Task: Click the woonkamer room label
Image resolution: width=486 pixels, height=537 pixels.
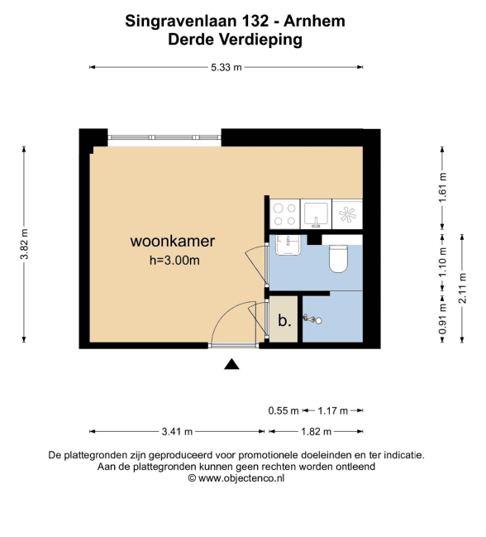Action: pos(173,241)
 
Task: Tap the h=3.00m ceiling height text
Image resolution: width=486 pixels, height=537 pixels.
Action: pos(174,261)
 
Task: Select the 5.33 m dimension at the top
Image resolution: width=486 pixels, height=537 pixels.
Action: pos(226,68)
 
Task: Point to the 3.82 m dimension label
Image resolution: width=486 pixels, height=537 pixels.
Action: pos(25,244)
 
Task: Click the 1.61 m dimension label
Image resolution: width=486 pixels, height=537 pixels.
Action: pos(443,188)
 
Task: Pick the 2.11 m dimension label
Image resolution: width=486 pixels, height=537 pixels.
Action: pos(462,288)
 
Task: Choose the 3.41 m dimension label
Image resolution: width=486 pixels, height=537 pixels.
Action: pos(177,432)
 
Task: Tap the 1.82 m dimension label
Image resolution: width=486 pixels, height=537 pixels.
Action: pos(316,432)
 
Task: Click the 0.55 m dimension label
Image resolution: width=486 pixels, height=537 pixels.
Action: pos(283,410)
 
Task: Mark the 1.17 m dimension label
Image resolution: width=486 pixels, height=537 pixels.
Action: pos(333,410)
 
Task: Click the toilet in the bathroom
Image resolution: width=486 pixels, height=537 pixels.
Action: pos(338,258)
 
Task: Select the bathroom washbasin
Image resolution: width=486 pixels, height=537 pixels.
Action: pos(288,245)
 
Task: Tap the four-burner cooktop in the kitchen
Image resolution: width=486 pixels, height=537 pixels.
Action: pos(285,214)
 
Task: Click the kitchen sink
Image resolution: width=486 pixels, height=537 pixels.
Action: pos(316,214)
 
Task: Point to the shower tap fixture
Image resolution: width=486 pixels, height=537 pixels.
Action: pos(312,319)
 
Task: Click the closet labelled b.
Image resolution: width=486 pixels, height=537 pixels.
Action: pos(283,319)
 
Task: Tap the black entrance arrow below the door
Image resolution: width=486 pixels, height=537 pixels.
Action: pos(231,364)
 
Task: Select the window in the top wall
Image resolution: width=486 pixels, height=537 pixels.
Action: pos(164,137)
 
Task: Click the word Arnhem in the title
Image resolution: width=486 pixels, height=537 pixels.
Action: pos(314,22)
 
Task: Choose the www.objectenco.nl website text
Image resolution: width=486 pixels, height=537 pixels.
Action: pos(241,477)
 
